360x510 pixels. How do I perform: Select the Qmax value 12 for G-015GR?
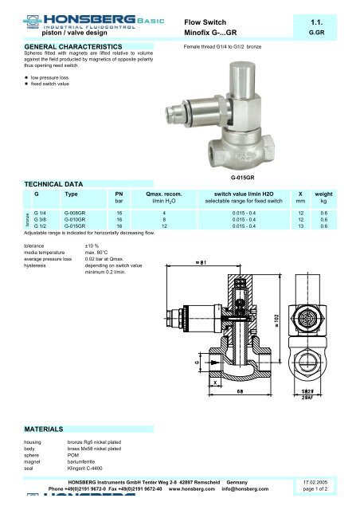tap(163, 226)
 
